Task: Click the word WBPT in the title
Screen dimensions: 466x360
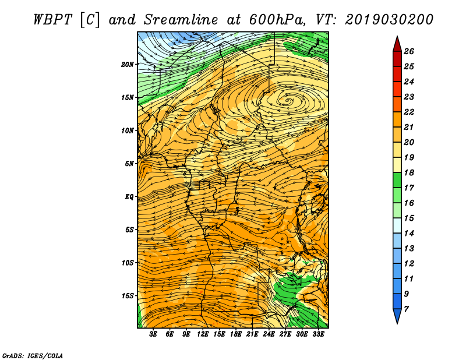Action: pos(53,20)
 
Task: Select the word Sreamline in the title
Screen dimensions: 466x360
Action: pos(181,20)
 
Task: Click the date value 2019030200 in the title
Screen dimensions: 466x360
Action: pos(389,20)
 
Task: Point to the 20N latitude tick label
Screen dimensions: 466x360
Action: pos(128,65)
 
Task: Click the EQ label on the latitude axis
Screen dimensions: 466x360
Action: pos(129,197)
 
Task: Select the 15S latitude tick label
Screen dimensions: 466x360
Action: pos(128,296)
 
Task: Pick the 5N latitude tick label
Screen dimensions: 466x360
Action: pos(129,164)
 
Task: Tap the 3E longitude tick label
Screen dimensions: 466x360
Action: pos(153,334)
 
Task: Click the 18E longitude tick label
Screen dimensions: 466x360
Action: pos(236,334)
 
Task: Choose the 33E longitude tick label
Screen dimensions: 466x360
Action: pos(318,334)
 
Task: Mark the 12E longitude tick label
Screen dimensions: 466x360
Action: pos(203,334)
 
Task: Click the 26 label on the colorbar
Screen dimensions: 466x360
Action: pos(409,51)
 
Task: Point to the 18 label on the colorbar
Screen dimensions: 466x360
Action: pos(409,172)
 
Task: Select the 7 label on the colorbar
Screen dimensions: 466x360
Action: pos(406,309)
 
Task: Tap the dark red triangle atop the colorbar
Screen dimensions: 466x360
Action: pos(397,44)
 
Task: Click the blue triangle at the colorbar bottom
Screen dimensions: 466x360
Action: pos(397,315)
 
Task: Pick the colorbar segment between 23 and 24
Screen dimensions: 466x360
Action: pos(397,89)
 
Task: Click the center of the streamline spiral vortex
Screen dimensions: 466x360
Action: pos(287,101)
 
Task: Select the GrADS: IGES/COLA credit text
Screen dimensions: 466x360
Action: pos(33,355)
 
